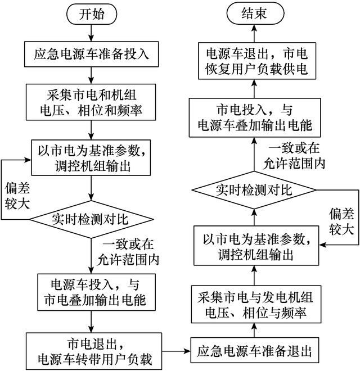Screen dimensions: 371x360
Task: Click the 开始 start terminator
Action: coord(91,15)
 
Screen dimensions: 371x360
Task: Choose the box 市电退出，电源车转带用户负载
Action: coord(91,350)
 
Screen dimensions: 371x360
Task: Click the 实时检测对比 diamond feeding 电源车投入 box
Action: coord(91,218)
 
